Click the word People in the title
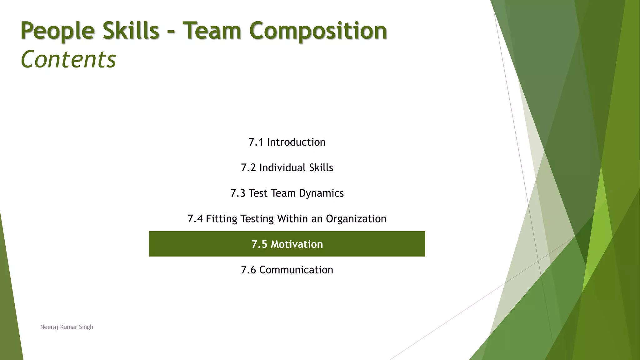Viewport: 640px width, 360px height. tap(57, 31)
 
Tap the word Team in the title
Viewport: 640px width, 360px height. tap(212, 31)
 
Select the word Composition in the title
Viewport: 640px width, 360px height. tap(318, 31)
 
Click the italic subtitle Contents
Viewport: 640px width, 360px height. tap(68, 59)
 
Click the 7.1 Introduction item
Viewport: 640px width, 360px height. tap(287, 142)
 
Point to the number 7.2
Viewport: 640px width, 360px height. tap(248, 168)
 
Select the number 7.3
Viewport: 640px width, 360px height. tap(238, 193)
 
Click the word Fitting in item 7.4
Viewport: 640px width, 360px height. tap(222, 219)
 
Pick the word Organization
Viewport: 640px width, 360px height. tap(356, 219)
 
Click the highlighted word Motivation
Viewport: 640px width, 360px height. tap(297, 244)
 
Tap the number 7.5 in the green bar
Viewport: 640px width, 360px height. tap(259, 244)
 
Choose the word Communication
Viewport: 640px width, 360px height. tap(296, 270)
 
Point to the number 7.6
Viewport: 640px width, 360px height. tap(248, 270)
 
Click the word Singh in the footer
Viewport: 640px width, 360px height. tap(86, 327)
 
